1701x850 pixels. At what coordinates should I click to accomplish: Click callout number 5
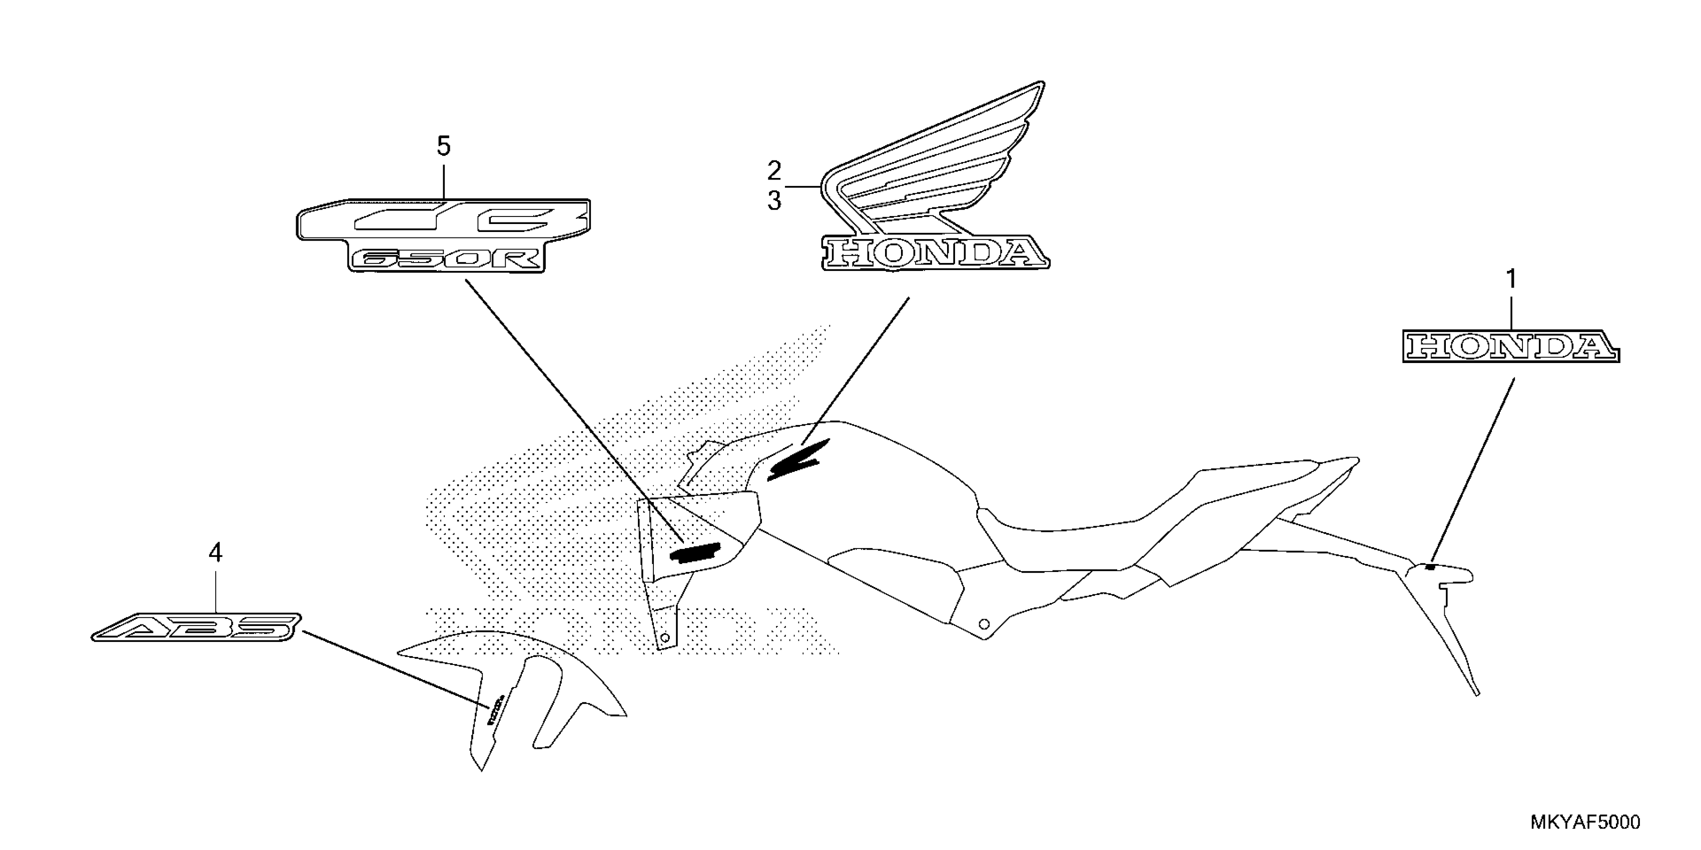tap(443, 146)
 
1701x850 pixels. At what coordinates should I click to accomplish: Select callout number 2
tap(774, 171)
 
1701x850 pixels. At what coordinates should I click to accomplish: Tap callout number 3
tap(774, 200)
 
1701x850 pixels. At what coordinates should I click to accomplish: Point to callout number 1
tap(1511, 280)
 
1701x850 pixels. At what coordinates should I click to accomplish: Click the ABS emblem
tap(196, 627)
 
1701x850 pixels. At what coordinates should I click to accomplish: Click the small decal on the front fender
tap(495, 709)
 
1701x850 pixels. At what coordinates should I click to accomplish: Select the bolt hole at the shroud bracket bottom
tap(665, 637)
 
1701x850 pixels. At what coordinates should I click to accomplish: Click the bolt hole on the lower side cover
tap(984, 623)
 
